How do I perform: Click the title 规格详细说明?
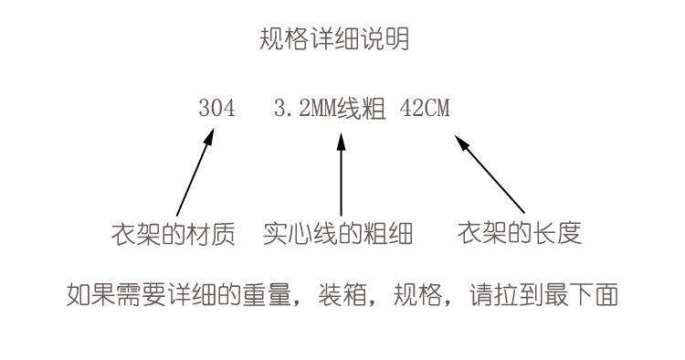tap(334, 39)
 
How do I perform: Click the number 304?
tap(216, 109)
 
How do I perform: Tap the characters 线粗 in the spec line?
tap(358, 109)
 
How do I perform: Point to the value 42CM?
tap(425, 109)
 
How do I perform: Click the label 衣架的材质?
tap(173, 233)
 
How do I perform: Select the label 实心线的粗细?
tap(338, 233)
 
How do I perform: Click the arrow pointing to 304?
tap(195, 174)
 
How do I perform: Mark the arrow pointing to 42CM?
tap(491, 174)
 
